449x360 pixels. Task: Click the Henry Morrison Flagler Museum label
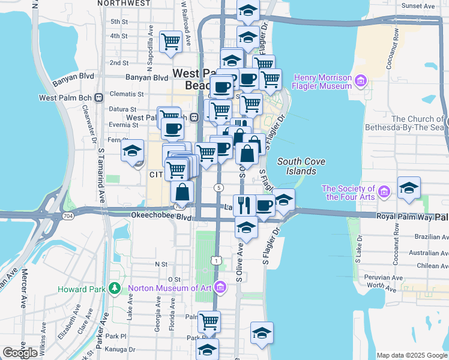(x=322, y=82)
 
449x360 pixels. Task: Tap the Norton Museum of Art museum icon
(x=220, y=289)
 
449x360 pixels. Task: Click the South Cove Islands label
(x=297, y=166)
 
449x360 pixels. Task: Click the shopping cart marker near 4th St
(x=171, y=42)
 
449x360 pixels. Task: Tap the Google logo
(x=20, y=353)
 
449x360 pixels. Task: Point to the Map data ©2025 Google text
(x=411, y=355)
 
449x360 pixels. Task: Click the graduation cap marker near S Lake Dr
(x=409, y=188)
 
